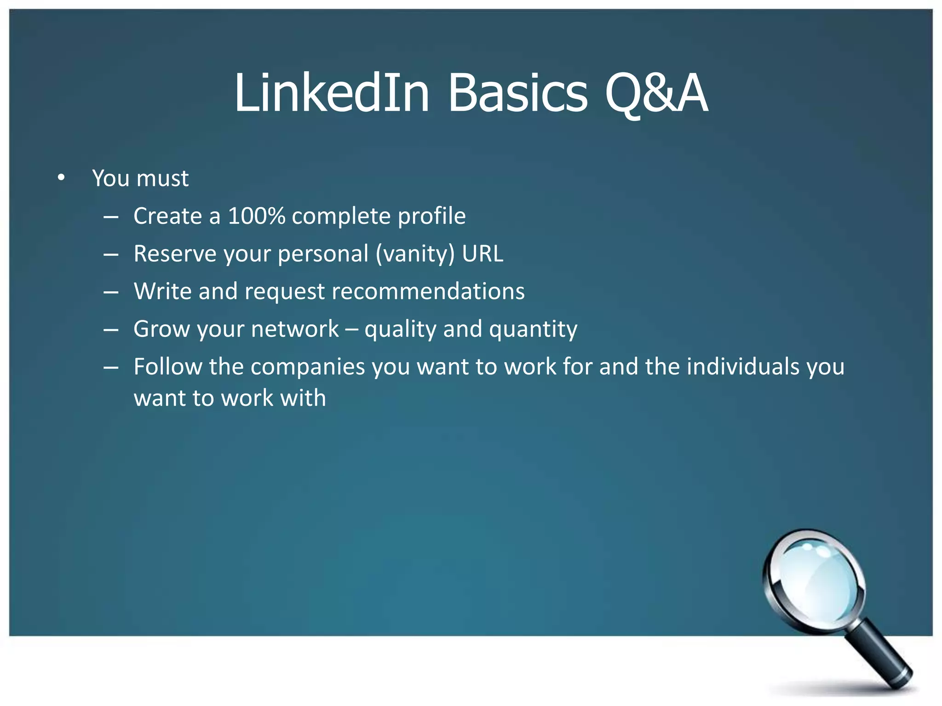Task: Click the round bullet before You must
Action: tap(61, 177)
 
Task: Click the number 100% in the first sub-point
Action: tap(256, 216)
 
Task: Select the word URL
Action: tap(482, 253)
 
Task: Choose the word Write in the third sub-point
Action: tap(162, 291)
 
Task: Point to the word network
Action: tap(294, 329)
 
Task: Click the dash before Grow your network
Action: tap(111, 330)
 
